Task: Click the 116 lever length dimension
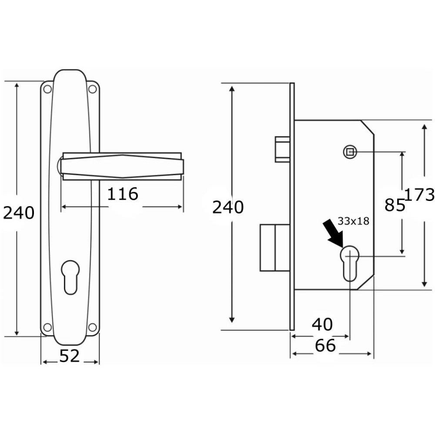[x=122, y=194]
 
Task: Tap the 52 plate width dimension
[x=69, y=356]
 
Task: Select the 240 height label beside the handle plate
[x=19, y=213]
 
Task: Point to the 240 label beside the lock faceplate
[x=228, y=207]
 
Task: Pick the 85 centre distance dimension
[x=395, y=205]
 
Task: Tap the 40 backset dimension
[x=322, y=325]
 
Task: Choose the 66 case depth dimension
[x=325, y=346]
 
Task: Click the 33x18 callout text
[x=353, y=221]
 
